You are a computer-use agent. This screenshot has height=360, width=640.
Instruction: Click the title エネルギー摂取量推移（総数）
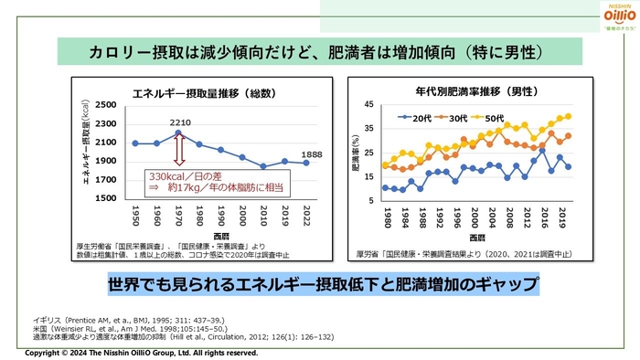[193, 91]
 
